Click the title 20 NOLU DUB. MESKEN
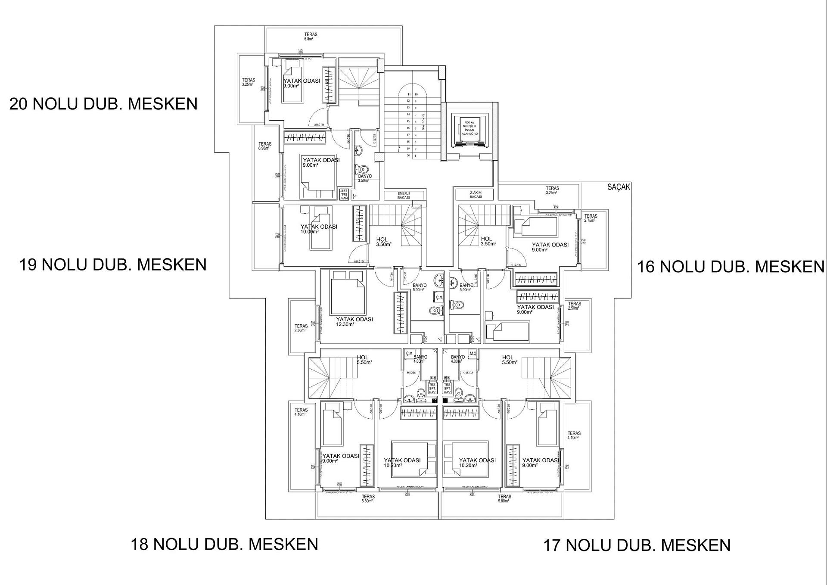click(103, 104)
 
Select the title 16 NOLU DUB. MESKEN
click(731, 267)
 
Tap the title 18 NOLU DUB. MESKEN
click(224, 544)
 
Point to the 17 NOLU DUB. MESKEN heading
click(637, 545)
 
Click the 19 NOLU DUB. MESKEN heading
click(113, 264)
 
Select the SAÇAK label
click(619, 187)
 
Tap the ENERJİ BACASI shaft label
click(404, 196)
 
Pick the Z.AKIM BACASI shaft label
click(476, 194)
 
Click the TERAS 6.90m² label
click(264, 146)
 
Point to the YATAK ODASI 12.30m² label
click(354, 322)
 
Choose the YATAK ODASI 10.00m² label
click(318, 229)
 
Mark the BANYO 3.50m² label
click(364, 178)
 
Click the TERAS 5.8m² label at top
click(310, 37)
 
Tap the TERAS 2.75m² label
click(590, 218)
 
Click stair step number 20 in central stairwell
click(408, 156)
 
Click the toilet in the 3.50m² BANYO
click(363, 169)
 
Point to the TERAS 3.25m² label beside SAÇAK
click(552, 190)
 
